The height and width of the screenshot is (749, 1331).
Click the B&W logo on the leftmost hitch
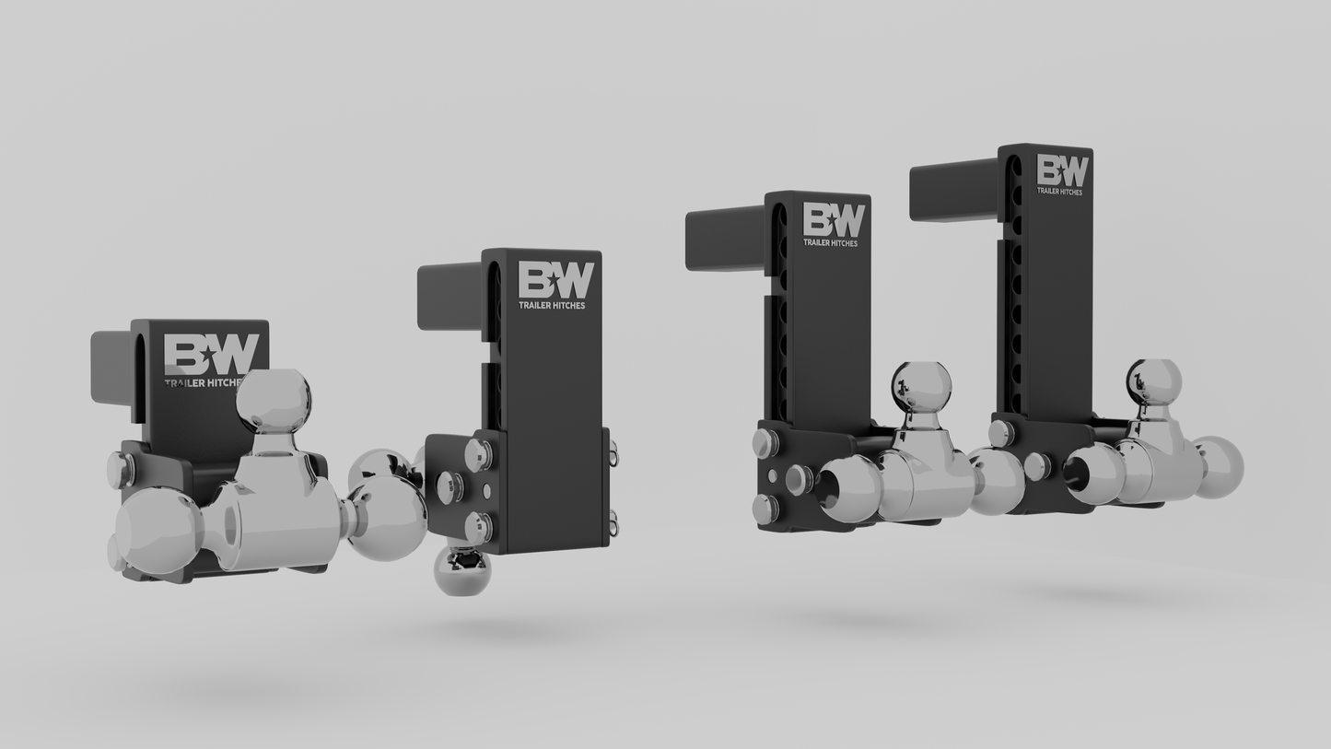pyautogui.click(x=211, y=355)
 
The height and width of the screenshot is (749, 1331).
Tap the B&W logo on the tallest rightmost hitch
pyautogui.click(x=1062, y=170)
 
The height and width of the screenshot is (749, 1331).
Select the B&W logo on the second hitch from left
pyautogui.click(x=555, y=280)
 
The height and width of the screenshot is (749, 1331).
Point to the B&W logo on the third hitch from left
pyautogui.click(x=834, y=220)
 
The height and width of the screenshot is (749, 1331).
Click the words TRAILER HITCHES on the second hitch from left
pyautogui.click(x=552, y=305)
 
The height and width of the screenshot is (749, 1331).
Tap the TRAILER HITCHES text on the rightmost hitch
pyautogui.click(x=1059, y=192)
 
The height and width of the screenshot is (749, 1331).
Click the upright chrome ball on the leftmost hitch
pyautogui.click(x=274, y=400)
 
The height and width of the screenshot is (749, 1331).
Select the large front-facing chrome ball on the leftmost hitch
pyautogui.click(x=158, y=531)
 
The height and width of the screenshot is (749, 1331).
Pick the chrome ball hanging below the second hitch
pyautogui.click(x=461, y=571)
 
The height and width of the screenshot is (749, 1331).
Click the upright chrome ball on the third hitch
pyautogui.click(x=920, y=389)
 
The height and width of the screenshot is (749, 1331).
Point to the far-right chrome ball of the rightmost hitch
pyautogui.click(x=1218, y=467)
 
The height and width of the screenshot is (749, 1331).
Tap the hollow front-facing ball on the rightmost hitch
pyautogui.click(x=1092, y=474)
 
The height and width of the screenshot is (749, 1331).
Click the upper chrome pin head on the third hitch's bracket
pyautogui.click(x=766, y=443)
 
